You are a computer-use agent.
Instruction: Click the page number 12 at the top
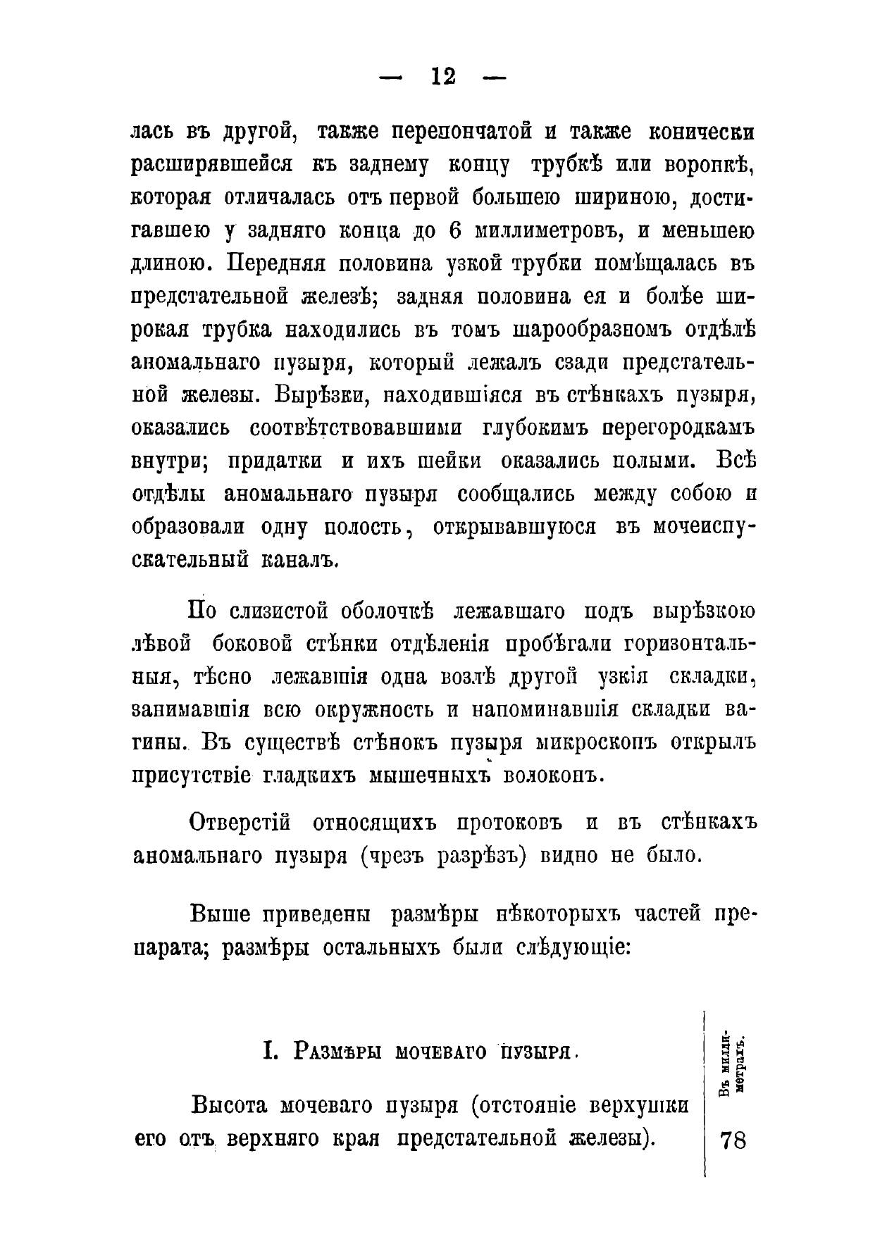click(443, 77)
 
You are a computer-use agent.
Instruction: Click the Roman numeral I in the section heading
click(268, 1052)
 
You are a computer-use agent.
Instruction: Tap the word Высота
click(232, 1105)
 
